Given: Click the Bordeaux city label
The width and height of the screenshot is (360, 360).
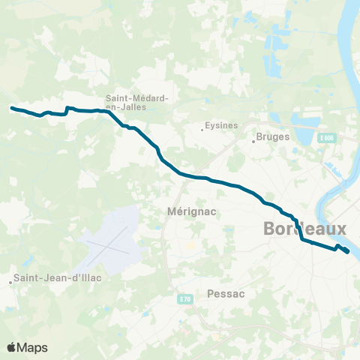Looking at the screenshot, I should pos(305,229).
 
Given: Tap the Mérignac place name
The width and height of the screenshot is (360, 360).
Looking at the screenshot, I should pos(188,211).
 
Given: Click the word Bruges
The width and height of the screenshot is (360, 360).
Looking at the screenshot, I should pos(272,137).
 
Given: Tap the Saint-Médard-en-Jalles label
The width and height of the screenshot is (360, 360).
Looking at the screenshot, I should pos(136,101).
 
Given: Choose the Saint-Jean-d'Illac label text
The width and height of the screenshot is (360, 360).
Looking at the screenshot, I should pos(60,277).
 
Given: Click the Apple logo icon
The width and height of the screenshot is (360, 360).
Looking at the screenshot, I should pos(12,347).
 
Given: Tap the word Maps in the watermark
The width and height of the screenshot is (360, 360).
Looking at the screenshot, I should pos(33,348).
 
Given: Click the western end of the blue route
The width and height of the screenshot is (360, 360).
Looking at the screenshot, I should pos(11,108).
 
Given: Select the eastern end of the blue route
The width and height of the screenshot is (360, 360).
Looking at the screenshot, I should pos(348,252).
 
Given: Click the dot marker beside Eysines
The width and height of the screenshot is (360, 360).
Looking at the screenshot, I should pos(202,129).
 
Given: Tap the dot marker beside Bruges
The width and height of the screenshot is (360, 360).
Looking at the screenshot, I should pos(253,139).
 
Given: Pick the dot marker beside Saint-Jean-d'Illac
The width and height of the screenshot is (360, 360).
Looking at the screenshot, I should pos(11,283).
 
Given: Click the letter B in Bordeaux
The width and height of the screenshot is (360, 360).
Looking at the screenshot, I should pos(271,229).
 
